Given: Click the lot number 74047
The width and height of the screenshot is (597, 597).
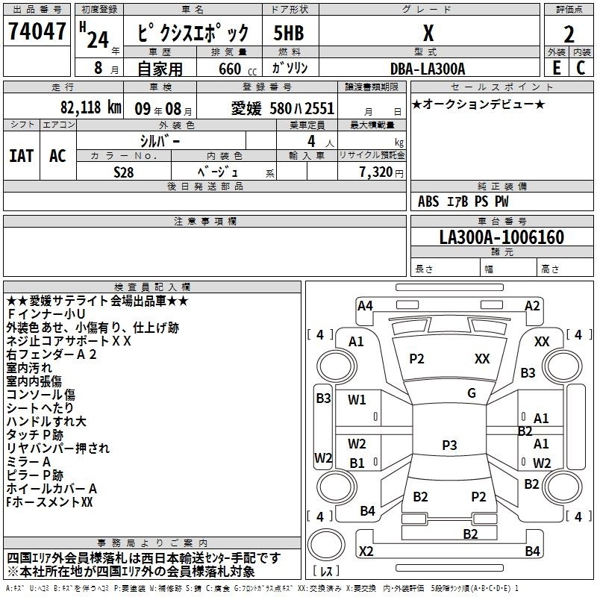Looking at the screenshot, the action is pyautogui.click(x=37, y=31).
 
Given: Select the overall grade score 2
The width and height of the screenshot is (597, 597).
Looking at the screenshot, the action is pyautogui.click(x=569, y=34).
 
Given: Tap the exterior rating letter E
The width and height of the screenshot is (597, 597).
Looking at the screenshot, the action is pyautogui.click(x=557, y=68).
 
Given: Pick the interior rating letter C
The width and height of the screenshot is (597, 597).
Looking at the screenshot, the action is pyautogui.click(x=581, y=68).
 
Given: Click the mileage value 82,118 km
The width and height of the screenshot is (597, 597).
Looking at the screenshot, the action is pyautogui.click(x=90, y=107).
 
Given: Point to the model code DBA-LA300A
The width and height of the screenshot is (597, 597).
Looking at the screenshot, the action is pyautogui.click(x=428, y=69).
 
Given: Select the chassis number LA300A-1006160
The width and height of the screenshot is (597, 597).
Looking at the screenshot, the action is pyautogui.click(x=501, y=237).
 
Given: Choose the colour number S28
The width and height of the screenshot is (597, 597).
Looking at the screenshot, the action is pyautogui.click(x=124, y=172).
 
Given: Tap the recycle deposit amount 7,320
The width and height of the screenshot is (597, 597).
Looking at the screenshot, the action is pyautogui.click(x=376, y=172).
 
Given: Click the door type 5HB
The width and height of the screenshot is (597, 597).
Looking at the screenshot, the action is pyautogui.click(x=289, y=33).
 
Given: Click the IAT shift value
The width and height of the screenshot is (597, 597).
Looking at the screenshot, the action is pyautogui.click(x=22, y=156).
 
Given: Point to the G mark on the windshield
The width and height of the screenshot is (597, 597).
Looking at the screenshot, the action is pyautogui.click(x=472, y=393).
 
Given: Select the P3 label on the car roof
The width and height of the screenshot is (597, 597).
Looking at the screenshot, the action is pyautogui.click(x=449, y=445).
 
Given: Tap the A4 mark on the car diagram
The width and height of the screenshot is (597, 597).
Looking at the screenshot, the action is pyautogui.click(x=365, y=306).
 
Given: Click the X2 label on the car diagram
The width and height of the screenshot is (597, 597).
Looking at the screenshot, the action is pyautogui.click(x=366, y=551).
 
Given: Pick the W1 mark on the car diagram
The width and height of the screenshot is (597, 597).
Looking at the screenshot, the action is pyautogui.click(x=357, y=399).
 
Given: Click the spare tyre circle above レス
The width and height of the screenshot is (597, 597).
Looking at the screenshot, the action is pyautogui.click(x=326, y=545).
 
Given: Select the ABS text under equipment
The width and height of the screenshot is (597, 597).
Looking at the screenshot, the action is pyautogui.click(x=428, y=201).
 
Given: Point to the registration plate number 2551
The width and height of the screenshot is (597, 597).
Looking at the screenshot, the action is pyautogui.click(x=320, y=108).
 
